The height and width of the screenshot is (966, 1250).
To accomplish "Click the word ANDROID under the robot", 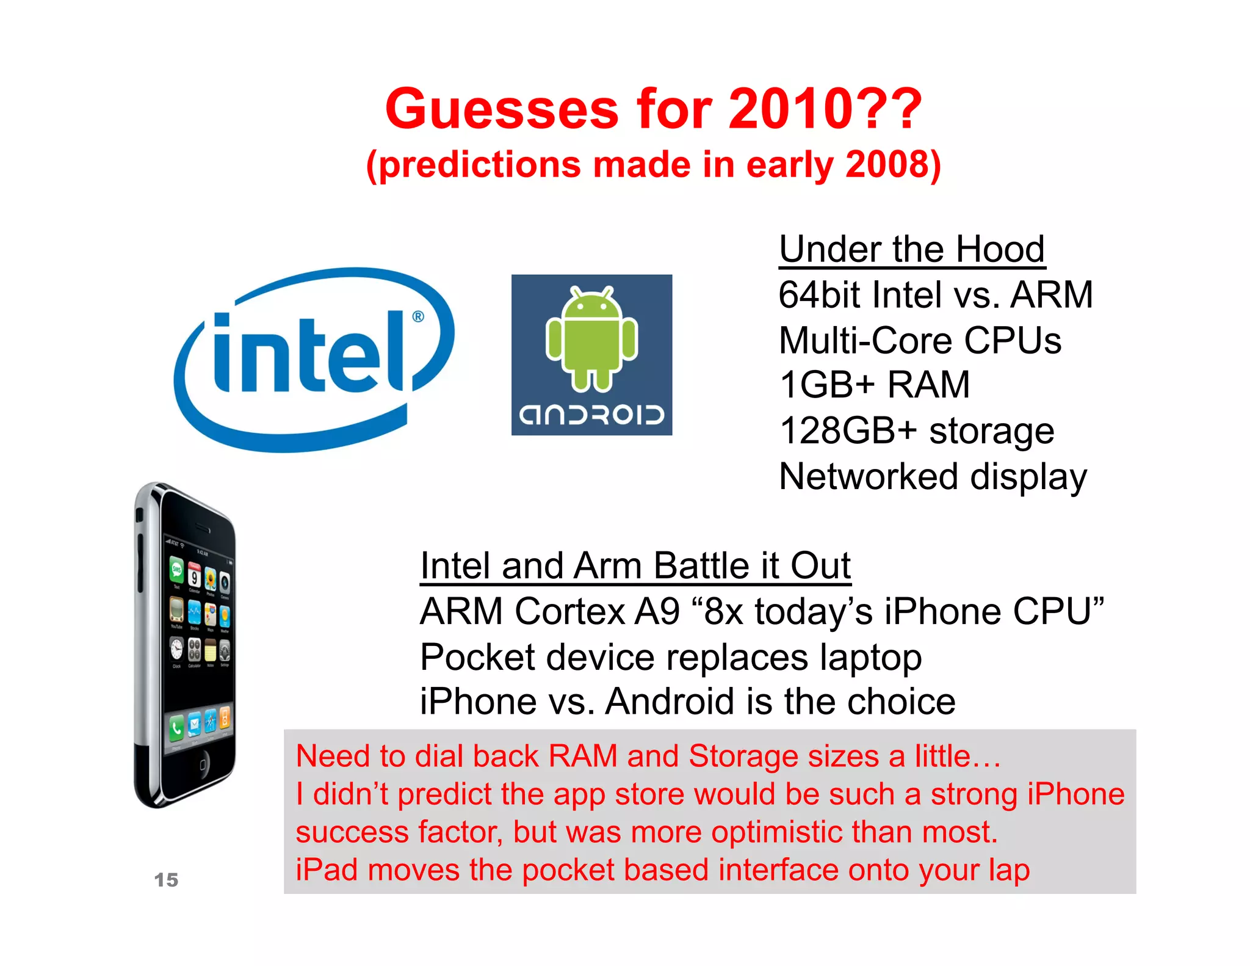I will (591, 415).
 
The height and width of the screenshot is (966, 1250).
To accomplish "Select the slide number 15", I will (166, 880).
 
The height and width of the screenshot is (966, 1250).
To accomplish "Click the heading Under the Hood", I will (912, 250).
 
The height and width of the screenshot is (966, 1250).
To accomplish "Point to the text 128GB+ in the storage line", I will (848, 431).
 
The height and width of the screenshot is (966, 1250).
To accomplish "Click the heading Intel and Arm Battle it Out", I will (635, 566).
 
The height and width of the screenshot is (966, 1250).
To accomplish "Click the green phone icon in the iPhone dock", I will (176, 727).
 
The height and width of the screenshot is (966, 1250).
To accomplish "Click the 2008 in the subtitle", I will (885, 165).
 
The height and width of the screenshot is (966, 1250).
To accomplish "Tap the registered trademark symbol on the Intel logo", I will (418, 316).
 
